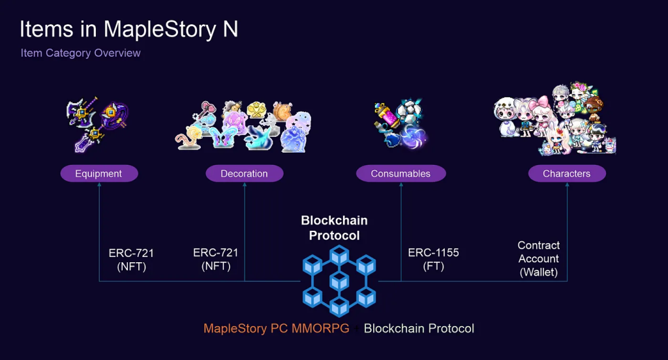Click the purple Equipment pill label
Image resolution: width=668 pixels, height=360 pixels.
coord(99,173)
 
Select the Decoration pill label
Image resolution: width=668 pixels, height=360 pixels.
coord(245,173)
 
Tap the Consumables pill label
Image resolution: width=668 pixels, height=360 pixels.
coord(401,173)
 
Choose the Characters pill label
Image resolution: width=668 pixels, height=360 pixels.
coord(567,173)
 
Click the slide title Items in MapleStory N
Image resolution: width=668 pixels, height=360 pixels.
coord(129,29)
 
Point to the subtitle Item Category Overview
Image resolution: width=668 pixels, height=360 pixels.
coord(80,53)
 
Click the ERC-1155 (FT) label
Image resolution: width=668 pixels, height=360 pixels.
coord(433,259)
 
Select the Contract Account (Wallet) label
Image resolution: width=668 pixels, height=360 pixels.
coord(538,259)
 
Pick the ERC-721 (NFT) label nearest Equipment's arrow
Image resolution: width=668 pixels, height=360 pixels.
coord(131,260)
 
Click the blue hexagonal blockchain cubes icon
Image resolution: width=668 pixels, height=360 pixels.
coord(339,281)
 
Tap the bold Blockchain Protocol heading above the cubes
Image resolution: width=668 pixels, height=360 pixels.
coord(335,228)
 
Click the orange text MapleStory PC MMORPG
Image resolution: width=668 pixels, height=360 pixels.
coord(276,329)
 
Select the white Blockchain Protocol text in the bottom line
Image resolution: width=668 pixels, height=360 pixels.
coord(419,329)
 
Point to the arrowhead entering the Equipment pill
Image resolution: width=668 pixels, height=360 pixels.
coord(99,185)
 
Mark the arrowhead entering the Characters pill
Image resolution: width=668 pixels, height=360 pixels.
coord(567,185)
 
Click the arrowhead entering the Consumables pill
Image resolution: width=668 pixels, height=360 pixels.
coord(401,185)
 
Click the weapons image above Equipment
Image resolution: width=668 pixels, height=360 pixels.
coord(97,125)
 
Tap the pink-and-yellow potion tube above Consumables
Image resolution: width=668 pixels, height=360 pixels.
coord(386,114)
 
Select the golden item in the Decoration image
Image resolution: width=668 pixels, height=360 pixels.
coord(256,110)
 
